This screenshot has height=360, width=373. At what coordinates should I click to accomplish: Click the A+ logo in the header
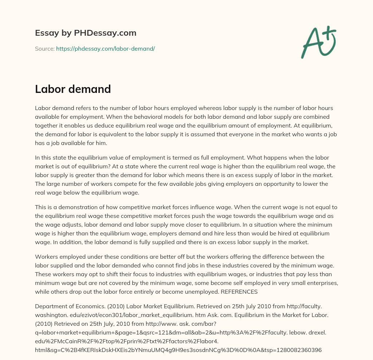click(x=318, y=42)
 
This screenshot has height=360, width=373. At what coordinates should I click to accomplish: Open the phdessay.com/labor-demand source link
click(x=105, y=48)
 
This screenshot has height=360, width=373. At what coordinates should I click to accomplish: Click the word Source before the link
click(x=44, y=48)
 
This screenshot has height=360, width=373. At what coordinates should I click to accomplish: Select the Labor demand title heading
click(x=73, y=89)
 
